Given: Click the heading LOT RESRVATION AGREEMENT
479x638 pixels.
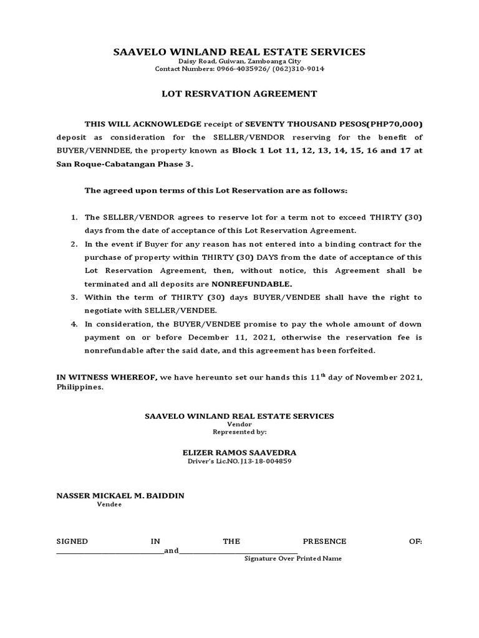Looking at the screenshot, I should pos(239,94).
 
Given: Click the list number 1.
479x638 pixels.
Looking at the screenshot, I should pos(74,217).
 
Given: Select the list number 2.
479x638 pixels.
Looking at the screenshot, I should pos(74,244).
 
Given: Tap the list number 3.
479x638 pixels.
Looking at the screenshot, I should pos(74,297).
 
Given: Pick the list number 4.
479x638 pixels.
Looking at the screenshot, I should pos(74,324).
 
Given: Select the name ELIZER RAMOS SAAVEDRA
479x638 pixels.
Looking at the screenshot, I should pos(239,452).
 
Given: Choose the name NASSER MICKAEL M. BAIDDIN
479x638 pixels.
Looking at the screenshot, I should pos(120,495).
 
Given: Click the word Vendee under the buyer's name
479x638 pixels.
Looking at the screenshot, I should pos(109,504).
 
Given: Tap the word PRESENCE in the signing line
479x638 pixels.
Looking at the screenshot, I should pos(324,541).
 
